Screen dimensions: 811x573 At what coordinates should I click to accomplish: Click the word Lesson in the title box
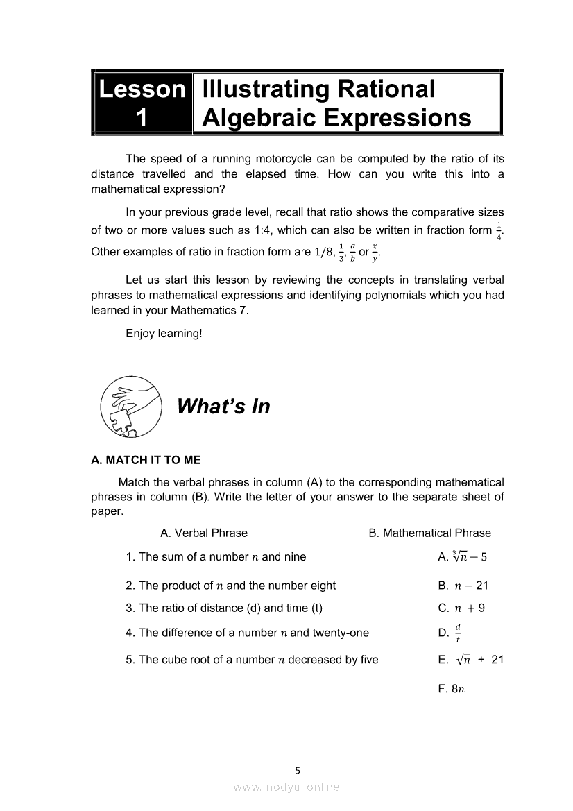pyautogui.click(x=142, y=89)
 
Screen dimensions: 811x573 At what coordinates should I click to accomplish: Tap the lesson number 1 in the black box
pyautogui.click(x=142, y=118)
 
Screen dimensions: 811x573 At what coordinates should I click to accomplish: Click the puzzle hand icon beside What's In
pyautogui.click(x=130, y=406)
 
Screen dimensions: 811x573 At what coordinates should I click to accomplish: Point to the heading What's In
pyautogui.click(x=223, y=407)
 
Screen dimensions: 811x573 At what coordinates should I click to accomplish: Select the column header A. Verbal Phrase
pyautogui.click(x=203, y=533)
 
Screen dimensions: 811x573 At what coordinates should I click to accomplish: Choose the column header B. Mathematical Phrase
pyautogui.click(x=429, y=533)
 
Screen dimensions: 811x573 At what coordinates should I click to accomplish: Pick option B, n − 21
pyautogui.click(x=463, y=586)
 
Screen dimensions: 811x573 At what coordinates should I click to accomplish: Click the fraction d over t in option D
pyautogui.click(x=458, y=633)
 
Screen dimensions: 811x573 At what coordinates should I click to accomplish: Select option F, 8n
pyautogui.click(x=451, y=689)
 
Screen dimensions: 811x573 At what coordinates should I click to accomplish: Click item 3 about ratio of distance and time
pyautogui.click(x=224, y=608)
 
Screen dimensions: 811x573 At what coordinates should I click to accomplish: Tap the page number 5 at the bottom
pyautogui.click(x=298, y=769)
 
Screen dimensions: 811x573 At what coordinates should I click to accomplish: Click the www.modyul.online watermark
pyautogui.click(x=286, y=787)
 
